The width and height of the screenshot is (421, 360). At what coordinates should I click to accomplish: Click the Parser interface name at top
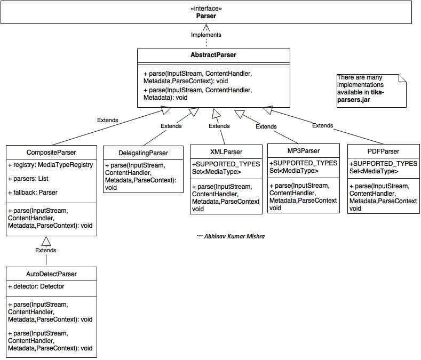[206, 16]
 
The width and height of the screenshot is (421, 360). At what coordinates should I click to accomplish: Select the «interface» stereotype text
[206, 9]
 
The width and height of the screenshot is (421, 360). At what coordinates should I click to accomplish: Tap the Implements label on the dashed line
[206, 35]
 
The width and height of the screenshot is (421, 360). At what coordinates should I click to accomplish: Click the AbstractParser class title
[213, 55]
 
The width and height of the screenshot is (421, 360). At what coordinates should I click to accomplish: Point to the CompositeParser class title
[52, 151]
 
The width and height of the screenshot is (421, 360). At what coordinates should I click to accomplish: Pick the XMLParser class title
[226, 151]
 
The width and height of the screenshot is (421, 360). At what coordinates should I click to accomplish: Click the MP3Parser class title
[303, 151]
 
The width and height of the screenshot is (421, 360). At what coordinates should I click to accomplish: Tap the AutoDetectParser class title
[52, 274]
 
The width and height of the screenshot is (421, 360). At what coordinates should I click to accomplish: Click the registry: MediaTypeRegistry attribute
[51, 165]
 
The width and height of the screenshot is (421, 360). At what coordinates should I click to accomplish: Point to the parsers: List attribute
[28, 179]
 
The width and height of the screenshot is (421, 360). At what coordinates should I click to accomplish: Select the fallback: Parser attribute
[33, 192]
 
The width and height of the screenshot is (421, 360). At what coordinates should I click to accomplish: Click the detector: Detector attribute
[36, 286]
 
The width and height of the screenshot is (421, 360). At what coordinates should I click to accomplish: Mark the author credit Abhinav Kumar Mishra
[231, 236]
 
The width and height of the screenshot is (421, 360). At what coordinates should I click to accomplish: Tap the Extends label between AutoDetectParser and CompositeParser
[46, 250]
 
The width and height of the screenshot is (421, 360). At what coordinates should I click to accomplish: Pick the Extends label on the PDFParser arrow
[322, 125]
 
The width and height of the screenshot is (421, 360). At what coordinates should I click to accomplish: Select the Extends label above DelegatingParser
[171, 126]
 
